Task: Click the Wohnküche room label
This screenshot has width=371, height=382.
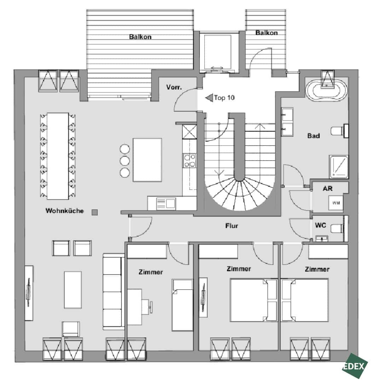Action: pyautogui.click(x=65, y=211)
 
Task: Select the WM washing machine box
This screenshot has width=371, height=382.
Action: pyautogui.click(x=336, y=203)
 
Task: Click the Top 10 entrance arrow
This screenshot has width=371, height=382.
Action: pyautogui.click(x=209, y=98)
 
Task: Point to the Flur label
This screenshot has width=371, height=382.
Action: pyautogui.click(x=231, y=226)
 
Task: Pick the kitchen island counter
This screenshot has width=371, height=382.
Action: pyautogui.click(x=147, y=160)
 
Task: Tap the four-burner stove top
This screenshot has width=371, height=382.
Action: pyautogui.click(x=189, y=160)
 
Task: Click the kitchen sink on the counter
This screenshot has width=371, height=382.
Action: pyautogui.click(x=166, y=203)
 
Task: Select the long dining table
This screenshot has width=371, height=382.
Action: pyautogui.click(x=58, y=156)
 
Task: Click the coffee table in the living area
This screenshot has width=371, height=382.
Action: pyautogui.click(x=73, y=290)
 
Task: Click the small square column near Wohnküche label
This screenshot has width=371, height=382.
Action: pyautogui.click(x=94, y=212)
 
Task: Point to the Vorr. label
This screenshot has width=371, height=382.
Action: pyautogui.click(x=174, y=87)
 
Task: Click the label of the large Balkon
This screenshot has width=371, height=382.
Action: pyautogui.click(x=140, y=37)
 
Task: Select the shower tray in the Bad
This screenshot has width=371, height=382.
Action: pyautogui.click(x=338, y=167)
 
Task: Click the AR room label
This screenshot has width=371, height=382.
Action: pyautogui.click(x=327, y=188)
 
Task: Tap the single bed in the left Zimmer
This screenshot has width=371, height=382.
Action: pyautogui.click(x=182, y=305)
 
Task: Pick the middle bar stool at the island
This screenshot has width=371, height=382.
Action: pyautogui.click(x=125, y=161)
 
